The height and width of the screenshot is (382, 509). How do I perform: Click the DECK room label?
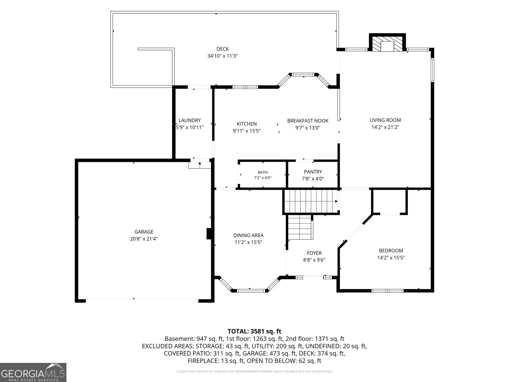(x=222, y=49)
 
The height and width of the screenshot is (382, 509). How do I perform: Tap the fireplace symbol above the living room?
(x=387, y=43)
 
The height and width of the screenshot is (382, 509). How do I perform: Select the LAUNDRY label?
(x=190, y=120)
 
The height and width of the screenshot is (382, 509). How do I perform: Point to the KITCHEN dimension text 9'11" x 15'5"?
(x=247, y=131)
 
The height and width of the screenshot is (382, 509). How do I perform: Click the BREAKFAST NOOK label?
(x=308, y=121)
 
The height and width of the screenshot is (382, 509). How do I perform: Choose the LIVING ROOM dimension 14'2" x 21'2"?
(x=385, y=127)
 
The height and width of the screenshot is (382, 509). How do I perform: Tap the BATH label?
(x=262, y=172)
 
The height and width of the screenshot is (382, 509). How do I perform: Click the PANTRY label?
(x=313, y=172)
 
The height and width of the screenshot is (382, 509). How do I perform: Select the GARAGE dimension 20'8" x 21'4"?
(x=144, y=239)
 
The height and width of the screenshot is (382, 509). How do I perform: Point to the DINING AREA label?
(x=248, y=236)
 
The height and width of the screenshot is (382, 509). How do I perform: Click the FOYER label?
(x=314, y=253)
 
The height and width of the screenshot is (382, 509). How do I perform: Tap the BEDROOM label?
(x=391, y=251)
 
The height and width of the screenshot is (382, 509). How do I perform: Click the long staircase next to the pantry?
(x=311, y=201)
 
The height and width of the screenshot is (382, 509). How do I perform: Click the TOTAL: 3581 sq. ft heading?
(x=254, y=331)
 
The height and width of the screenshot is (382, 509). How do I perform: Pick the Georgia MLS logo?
(x=33, y=372)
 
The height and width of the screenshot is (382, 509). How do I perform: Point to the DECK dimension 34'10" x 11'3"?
(x=222, y=56)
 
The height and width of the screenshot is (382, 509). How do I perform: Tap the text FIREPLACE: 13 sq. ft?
(x=216, y=361)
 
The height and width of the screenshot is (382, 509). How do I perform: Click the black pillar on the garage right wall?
(x=209, y=234)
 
